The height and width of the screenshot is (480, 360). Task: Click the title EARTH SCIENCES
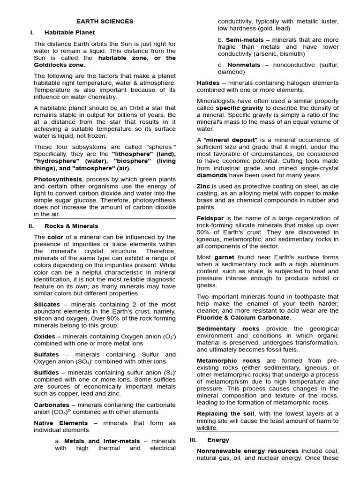point(105,21)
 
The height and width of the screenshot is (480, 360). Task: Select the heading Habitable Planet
point(69,32)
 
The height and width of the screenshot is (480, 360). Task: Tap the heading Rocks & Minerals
point(71,226)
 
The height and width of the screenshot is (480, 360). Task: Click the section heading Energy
point(218,440)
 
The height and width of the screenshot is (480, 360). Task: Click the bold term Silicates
point(47,304)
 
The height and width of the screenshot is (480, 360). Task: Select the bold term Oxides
point(45,337)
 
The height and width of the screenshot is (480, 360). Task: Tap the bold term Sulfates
point(46,354)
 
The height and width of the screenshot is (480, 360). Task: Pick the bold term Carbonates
point(52,405)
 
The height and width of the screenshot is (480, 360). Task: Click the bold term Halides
point(208,83)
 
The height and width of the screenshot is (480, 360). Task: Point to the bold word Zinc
point(203,186)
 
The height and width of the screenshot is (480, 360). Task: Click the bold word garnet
point(224,257)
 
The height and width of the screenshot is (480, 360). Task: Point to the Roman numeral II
point(31,226)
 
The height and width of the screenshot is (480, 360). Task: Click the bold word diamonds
point(212,175)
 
